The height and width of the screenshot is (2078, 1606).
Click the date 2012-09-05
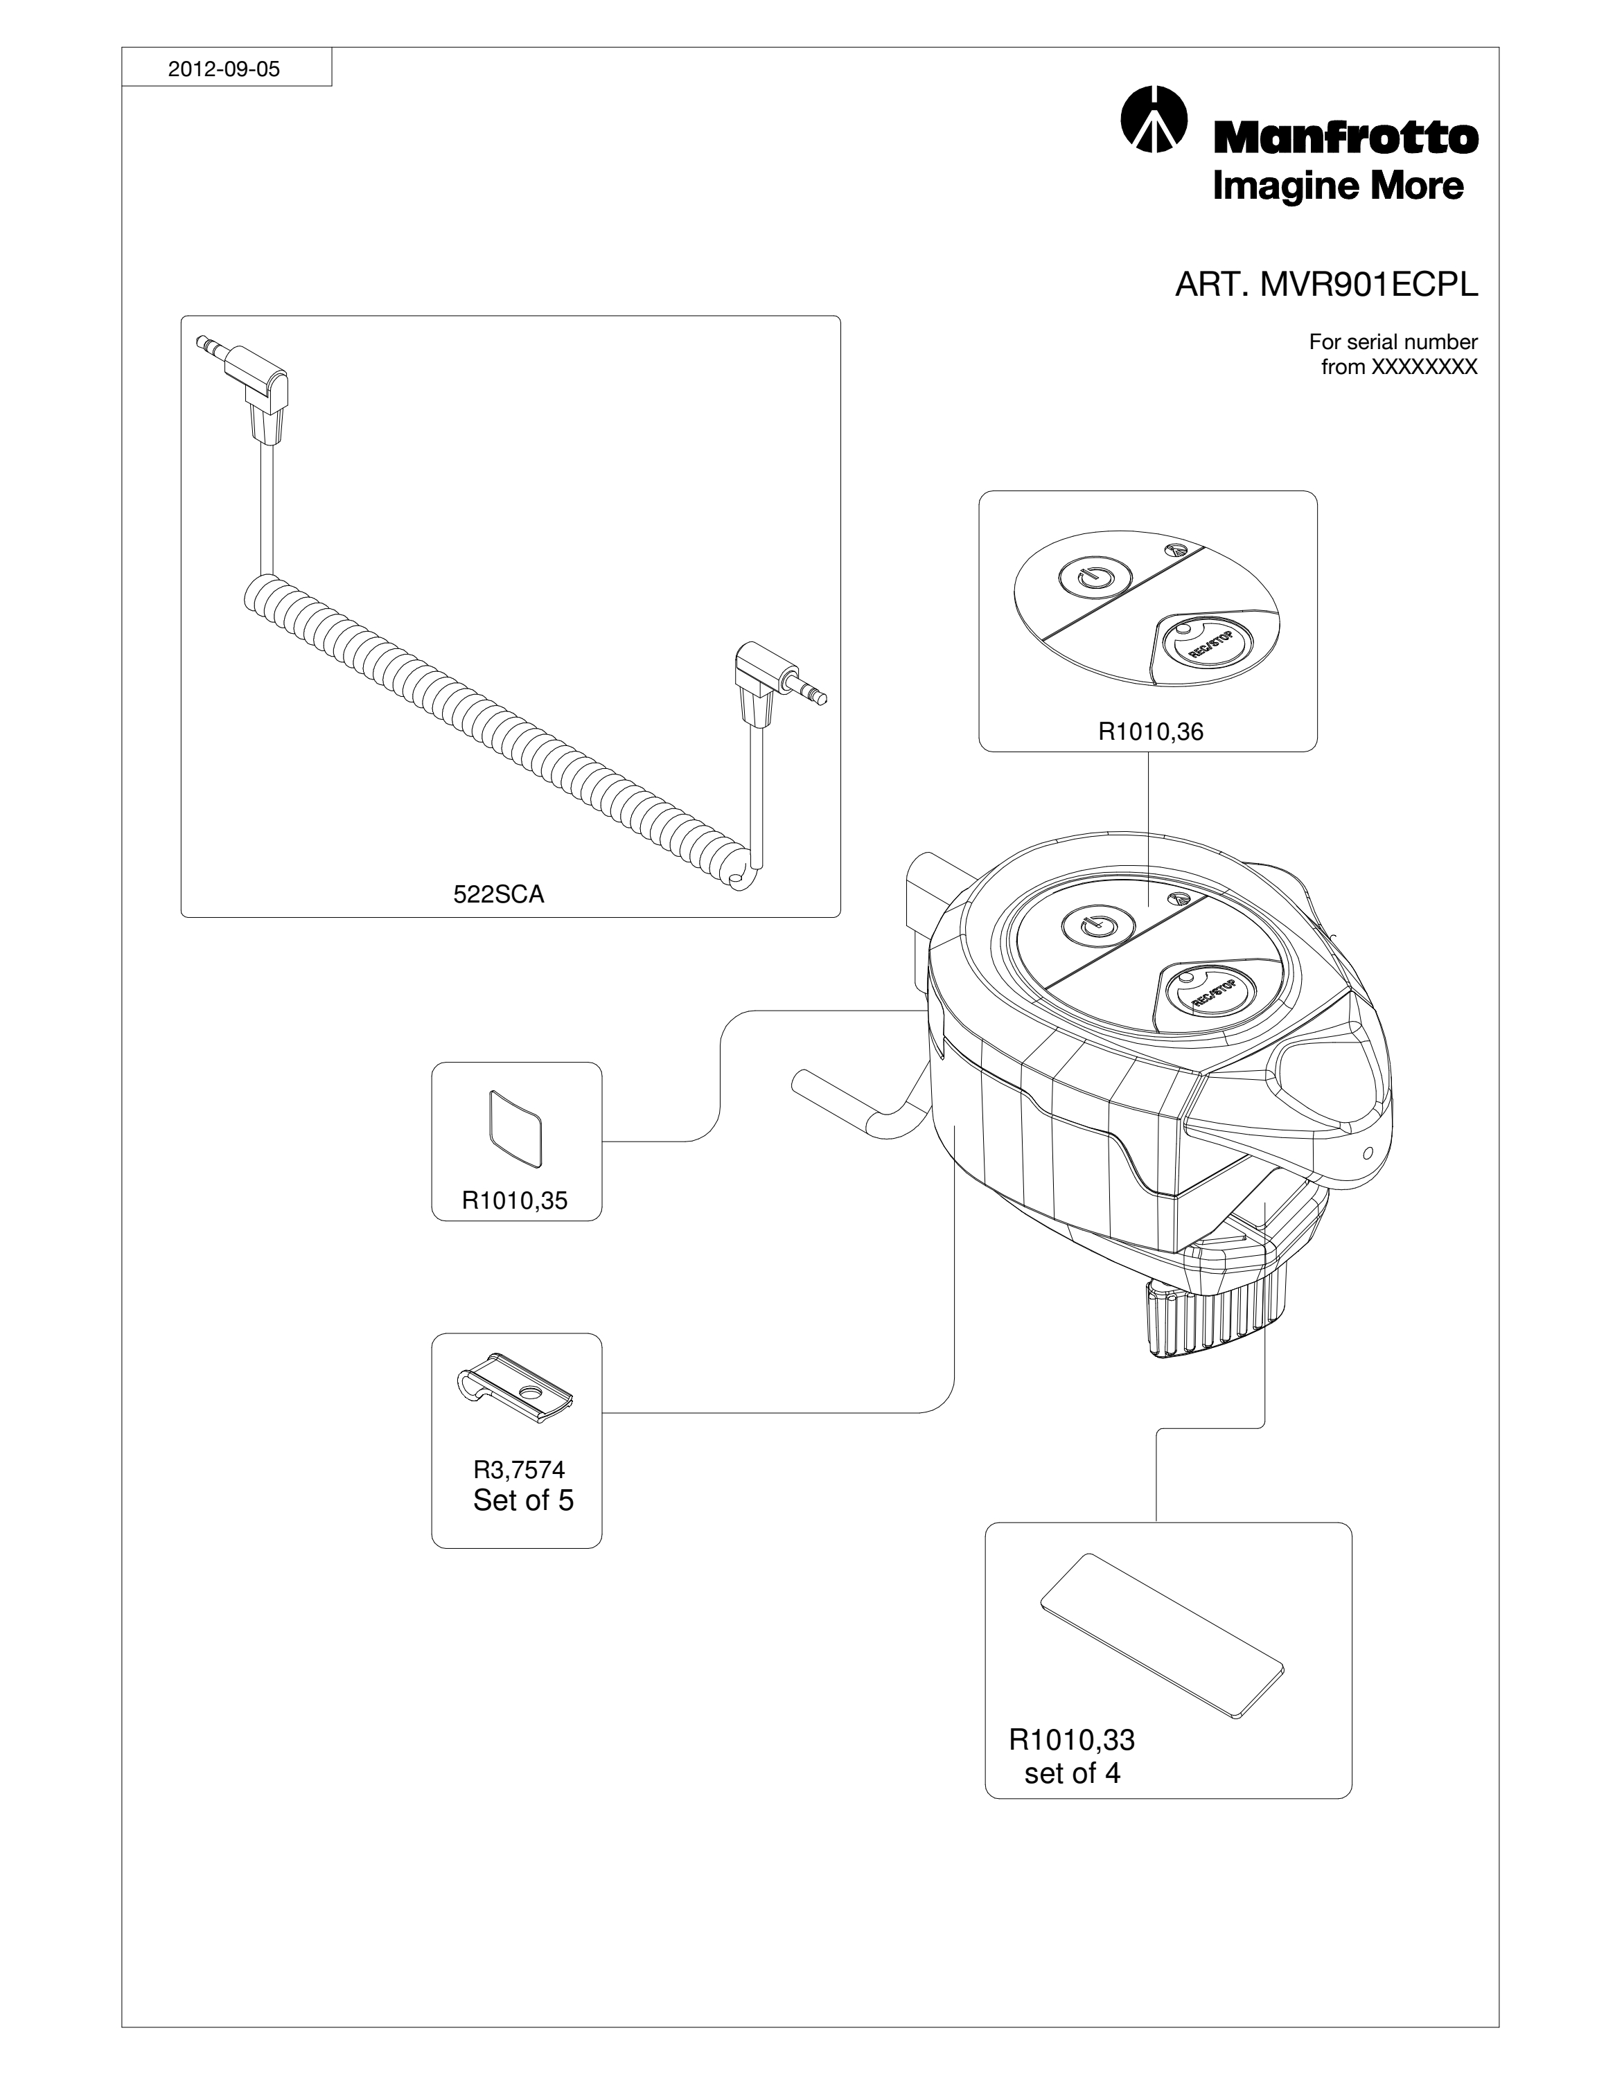tap(224, 69)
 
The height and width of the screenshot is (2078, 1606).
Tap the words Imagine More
tap(1338, 186)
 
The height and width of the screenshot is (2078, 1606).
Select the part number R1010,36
tap(1150, 731)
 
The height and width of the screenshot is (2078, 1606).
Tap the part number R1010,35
tap(515, 1201)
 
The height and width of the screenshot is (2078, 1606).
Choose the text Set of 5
tap(523, 1500)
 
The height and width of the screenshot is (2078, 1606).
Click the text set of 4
tap(1073, 1773)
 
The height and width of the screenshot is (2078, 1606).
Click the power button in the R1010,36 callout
tap(1092, 576)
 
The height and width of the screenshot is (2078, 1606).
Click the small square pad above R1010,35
tap(515, 1128)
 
